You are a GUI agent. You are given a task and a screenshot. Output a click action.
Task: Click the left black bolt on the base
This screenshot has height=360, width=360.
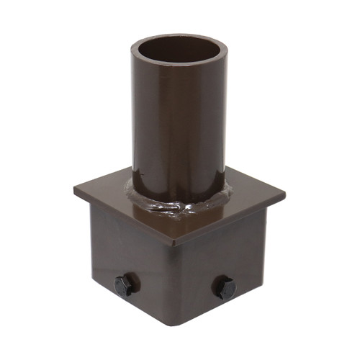pos(125,284)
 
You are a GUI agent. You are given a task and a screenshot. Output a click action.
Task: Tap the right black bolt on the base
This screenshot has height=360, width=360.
pos(224,288)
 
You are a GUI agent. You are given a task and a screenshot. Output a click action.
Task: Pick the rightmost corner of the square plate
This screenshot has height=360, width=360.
pos(284,194)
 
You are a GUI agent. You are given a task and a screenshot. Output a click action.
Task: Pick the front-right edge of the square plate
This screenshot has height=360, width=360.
pos(230,220)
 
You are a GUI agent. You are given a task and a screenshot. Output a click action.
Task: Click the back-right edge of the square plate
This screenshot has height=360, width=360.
pos(256,180)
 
